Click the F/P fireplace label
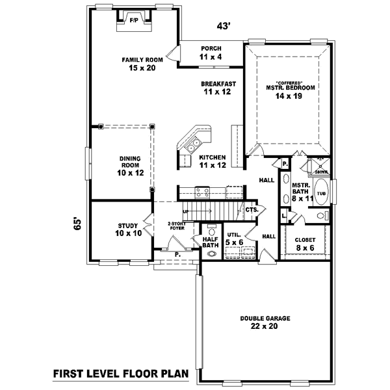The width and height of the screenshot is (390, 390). (x=134, y=20)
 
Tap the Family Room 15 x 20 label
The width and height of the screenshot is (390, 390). (x=137, y=64)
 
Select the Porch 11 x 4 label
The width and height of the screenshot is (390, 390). (x=211, y=53)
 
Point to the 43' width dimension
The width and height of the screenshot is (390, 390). (x=224, y=27)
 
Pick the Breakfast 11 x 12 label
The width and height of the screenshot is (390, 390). (x=218, y=88)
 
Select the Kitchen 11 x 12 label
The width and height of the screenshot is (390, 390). (x=212, y=162)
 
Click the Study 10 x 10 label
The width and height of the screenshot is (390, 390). (x=127, y=229)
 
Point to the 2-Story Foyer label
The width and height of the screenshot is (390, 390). (x=176, y=226)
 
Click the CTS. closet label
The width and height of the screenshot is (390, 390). (x=252, y=210)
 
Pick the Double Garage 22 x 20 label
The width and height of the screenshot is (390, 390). (x=265, y=322)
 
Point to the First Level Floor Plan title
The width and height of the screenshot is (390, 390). (x=120, y=374)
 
